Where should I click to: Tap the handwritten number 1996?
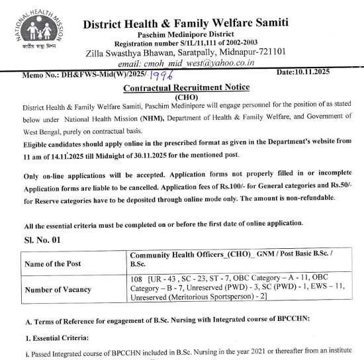159,77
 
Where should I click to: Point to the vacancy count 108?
138,279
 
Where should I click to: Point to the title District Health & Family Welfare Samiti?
186,23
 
